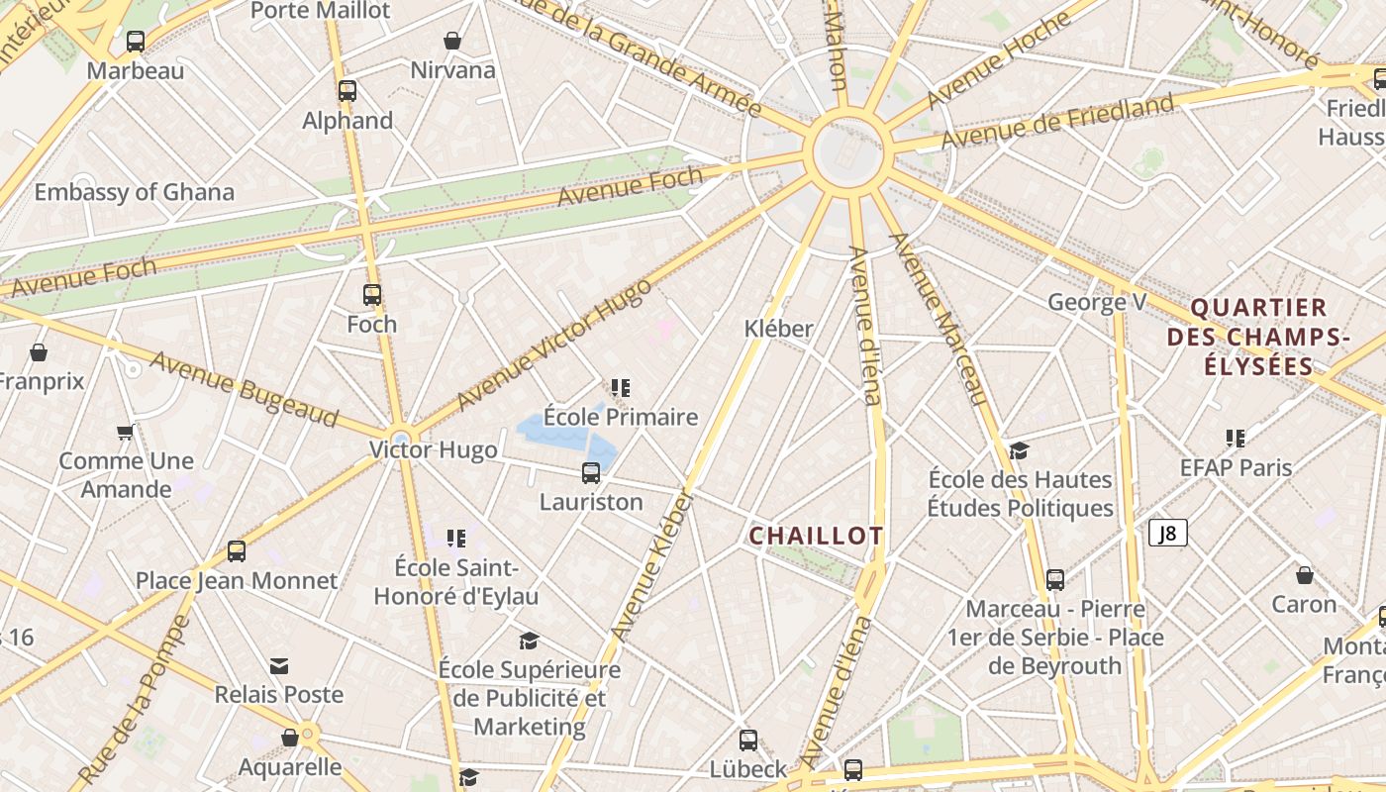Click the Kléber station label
pos(778,329)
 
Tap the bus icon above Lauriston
pos(591,472)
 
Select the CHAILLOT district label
pos(816,537)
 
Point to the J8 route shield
pos(1168,534)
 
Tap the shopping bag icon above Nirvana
pos(452,41)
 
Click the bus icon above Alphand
pos(347,91)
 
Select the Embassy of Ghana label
pos(135,192)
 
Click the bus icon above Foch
pos(372,294)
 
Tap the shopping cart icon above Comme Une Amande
pos(126,432)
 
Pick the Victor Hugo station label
pos(434,450)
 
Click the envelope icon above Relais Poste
pos(279,666)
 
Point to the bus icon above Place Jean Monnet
pos(237,551)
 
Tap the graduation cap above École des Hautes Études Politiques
pos(1019,451)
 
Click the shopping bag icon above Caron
pos(1305,575)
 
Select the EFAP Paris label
pos(1236,467)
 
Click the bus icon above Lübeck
pos(748,740)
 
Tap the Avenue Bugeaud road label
pos(244,388)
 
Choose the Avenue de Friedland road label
pos(1057,121)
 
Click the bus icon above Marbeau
pos(136,42)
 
